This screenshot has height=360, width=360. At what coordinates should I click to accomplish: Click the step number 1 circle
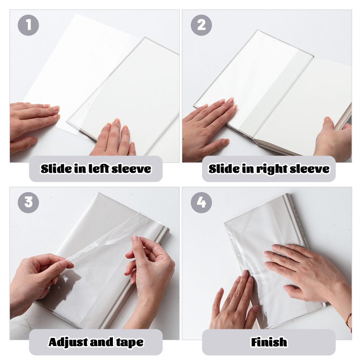tap(28, 25)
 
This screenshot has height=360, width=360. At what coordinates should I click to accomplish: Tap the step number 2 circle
tap(201, 25)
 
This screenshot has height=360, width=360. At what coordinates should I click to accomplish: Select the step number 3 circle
tap(28, 202)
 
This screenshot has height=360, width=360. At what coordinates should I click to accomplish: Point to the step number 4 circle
tap(201, 202)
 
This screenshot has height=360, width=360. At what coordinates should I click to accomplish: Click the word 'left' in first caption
tap(94, 169)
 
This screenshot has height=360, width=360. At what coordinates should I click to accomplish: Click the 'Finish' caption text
tap(269, 342)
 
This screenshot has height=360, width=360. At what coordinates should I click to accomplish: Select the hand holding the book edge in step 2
tap(333, 139)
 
